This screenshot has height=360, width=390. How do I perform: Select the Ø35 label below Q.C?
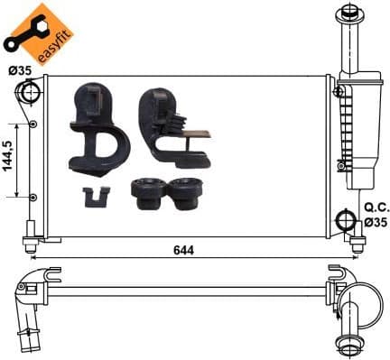coord(376,221)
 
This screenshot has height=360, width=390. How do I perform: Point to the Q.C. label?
coord(376,207)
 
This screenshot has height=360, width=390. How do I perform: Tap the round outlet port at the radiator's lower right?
coord(346,221)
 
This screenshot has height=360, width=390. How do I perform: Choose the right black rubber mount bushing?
coord(187,191)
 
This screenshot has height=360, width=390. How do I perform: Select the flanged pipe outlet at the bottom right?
coord(347,335)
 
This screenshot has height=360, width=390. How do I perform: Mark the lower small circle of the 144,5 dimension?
coord(33,197)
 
